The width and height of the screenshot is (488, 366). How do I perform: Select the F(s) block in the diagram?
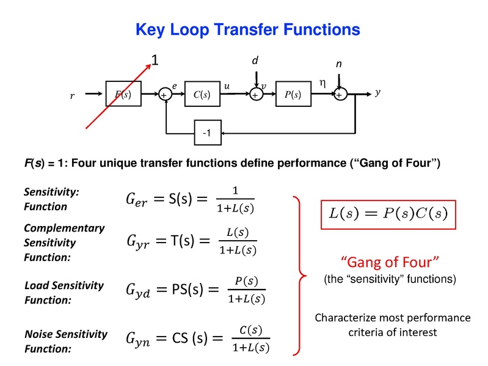[123, 94]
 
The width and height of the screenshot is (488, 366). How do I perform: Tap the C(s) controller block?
[202, 94]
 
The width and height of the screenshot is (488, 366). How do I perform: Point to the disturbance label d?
[255, 60]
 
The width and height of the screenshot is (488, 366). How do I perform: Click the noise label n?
[340, 64]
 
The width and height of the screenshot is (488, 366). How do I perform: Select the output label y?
[377, 92]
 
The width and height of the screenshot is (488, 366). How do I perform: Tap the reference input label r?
[72, 95]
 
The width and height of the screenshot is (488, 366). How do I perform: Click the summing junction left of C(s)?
[164, 95]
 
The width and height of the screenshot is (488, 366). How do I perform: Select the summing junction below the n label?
[340, 95]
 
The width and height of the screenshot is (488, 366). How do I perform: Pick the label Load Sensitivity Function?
[64, 293]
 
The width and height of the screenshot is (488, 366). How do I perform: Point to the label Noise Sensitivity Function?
[65, 342]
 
